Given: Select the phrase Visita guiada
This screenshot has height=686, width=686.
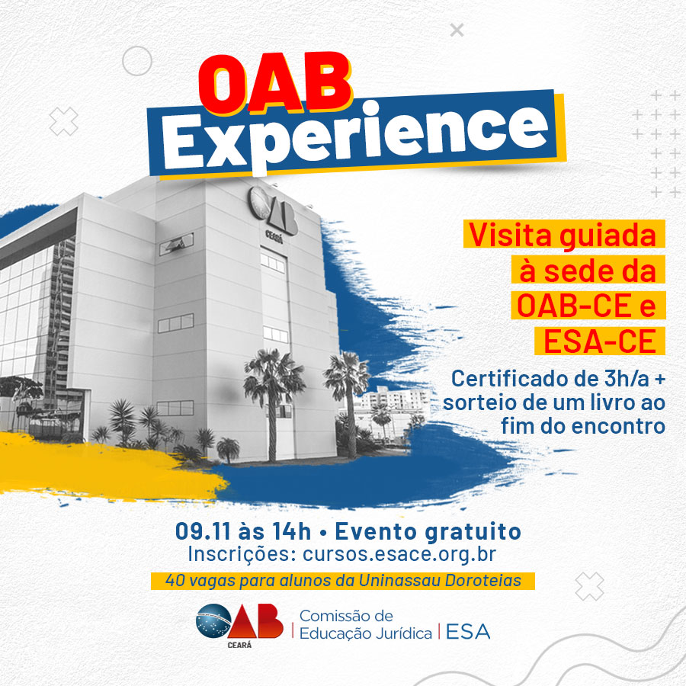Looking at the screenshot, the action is click(563, 236).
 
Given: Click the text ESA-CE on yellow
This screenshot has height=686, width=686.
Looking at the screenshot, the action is click(599, 341).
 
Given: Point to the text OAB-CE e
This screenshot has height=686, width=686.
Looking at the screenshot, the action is click(586, 306).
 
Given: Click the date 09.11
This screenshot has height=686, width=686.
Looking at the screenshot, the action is click(203, 531).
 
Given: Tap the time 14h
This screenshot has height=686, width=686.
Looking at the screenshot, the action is click(291, 531).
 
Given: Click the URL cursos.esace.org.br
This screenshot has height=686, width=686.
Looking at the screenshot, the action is click(399, 554).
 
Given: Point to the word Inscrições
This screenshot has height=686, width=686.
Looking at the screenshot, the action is click(242, 555).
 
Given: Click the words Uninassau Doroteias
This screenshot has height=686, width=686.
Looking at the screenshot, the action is click(440, 581).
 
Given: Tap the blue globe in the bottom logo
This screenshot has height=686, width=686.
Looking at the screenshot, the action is click(213, 620).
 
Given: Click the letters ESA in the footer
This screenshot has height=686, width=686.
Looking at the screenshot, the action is click(468, 632).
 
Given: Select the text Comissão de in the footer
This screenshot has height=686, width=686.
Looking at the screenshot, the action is click(346, 616).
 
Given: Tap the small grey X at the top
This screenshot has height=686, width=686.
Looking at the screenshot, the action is click(457, 30).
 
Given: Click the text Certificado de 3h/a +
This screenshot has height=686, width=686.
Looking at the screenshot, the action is click(558, 378).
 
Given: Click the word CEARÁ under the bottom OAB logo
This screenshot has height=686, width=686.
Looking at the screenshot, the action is click(239, 645).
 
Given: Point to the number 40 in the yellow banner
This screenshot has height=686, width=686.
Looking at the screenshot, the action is click(175, 581).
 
